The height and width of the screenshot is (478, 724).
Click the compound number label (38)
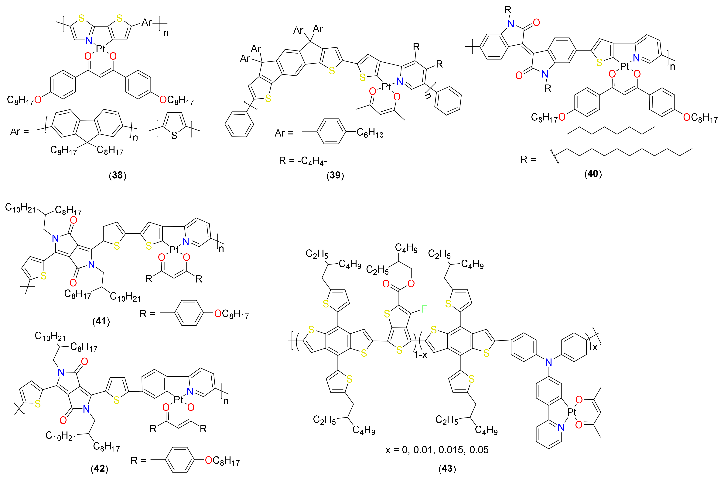[x=118, y=175]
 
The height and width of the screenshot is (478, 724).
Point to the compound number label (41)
[x=101, y=321]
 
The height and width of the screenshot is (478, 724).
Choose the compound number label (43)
[x=447, y=469]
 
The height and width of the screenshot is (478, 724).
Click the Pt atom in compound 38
[x=100, y=49]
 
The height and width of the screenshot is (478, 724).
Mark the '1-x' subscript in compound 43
[x=420, y=355]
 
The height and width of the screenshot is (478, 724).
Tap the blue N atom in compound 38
[x=89, y=40]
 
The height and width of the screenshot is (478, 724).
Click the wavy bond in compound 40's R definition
[x=555, y=156]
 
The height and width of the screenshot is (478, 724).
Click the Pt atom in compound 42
[x=178, y=399]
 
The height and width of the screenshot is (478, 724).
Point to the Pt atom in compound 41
[x=174, y=250]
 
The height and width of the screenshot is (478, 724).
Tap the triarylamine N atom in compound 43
[x=548, y=362]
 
